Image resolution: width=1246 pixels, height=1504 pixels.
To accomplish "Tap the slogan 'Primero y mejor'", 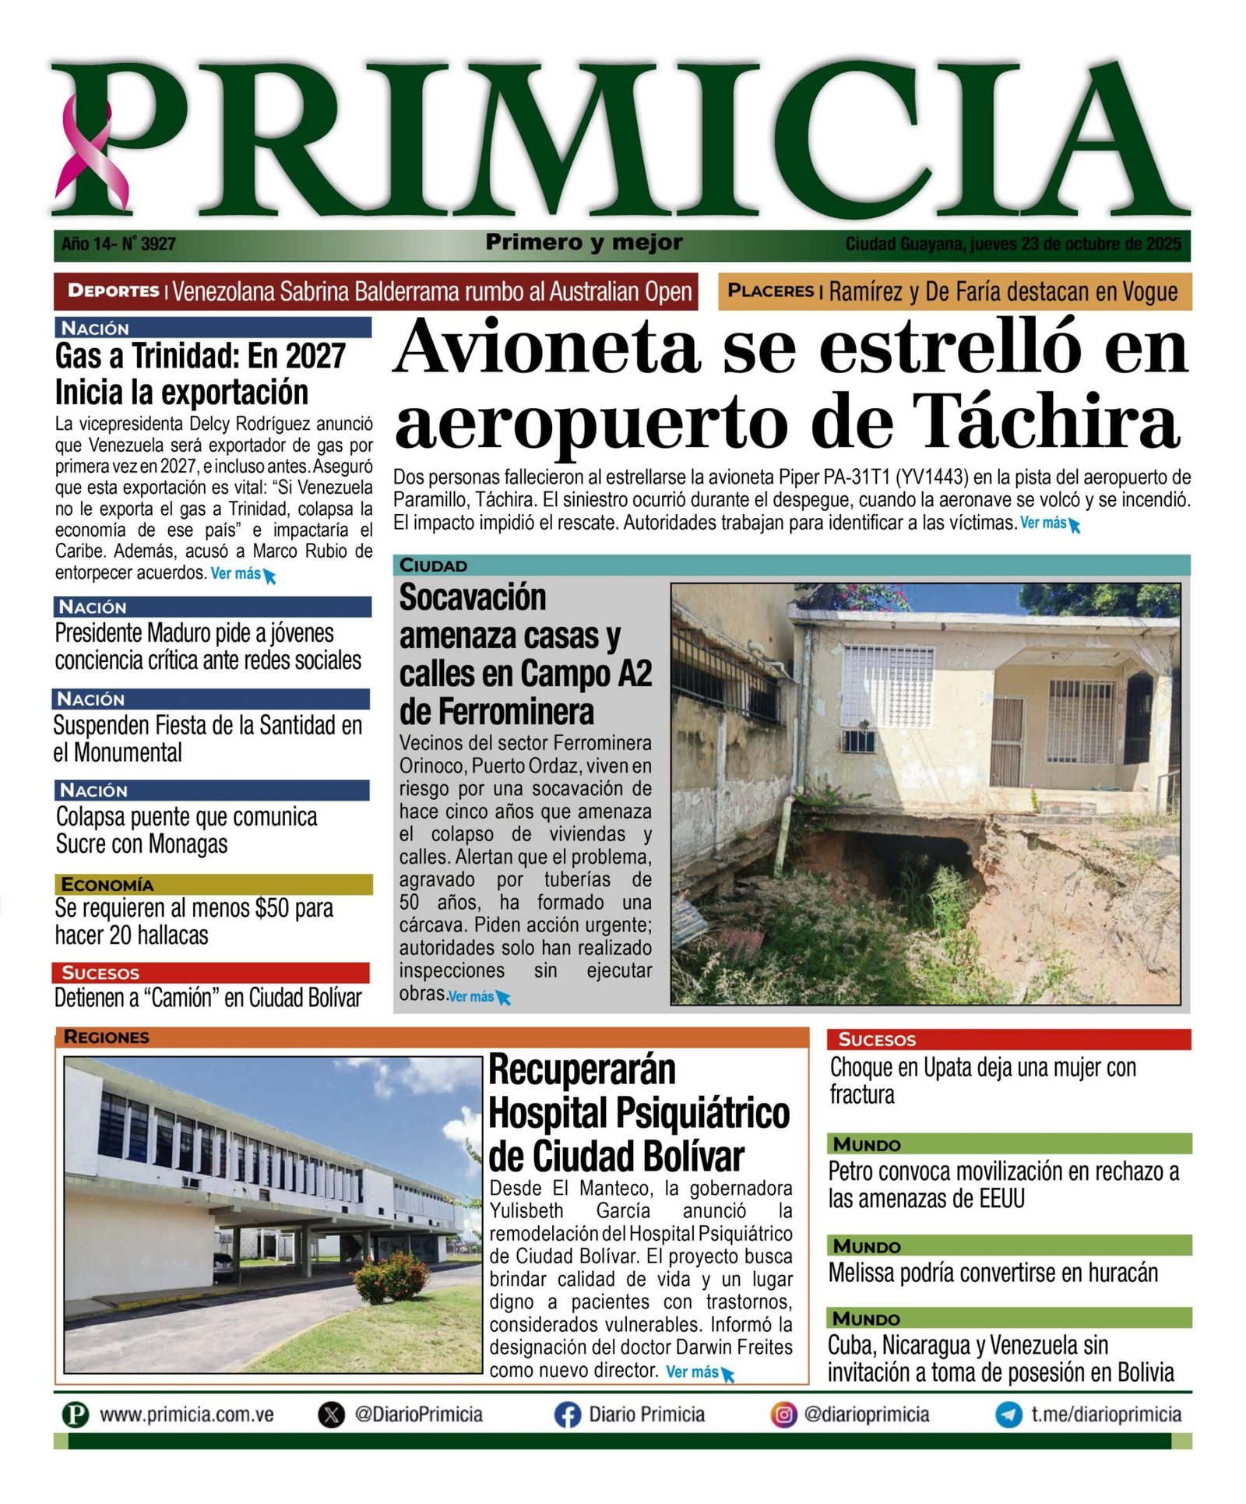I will [x=583, y=243].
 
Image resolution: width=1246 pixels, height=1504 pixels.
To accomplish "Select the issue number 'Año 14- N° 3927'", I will [x=118, y=245].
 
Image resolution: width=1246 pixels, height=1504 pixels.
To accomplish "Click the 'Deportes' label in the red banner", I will [x=113, y=291].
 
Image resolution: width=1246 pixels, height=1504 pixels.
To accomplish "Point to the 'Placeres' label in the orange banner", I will [x=769, y=291].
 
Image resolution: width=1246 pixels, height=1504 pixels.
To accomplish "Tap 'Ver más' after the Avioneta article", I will [x=1047, y=523].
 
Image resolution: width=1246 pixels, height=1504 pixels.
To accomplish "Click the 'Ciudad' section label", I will [x=433, y=565].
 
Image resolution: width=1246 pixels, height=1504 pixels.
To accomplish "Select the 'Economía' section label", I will [x=107, y=885].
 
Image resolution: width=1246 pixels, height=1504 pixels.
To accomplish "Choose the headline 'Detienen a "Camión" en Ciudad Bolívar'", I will [x=208, y=998].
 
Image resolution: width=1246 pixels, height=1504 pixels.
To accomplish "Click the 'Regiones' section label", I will [x=106, y=1037].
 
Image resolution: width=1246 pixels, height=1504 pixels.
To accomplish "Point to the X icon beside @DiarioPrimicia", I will [x=332, y=1414].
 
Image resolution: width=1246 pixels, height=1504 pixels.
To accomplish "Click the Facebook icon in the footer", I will [x=568, y=1414].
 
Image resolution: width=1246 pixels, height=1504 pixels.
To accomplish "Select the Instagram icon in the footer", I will [x=783, y=1414].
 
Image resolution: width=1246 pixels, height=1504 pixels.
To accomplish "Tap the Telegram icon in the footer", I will [x=1008, y=1414].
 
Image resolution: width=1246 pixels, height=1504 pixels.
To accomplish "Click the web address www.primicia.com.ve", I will [x=186, y=1414].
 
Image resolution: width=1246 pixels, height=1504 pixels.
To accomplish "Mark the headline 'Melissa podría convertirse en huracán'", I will [x=993, y=1273].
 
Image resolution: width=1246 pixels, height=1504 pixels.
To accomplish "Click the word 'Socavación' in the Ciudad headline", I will [x=473, y=598].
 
